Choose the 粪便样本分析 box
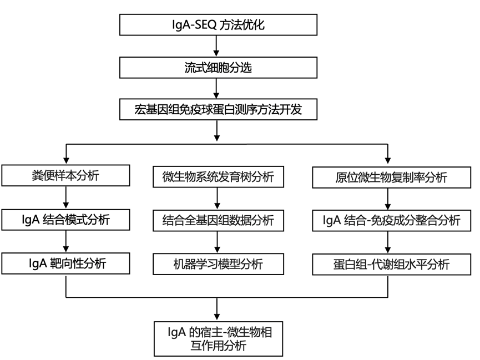66,177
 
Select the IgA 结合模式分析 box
66,220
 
